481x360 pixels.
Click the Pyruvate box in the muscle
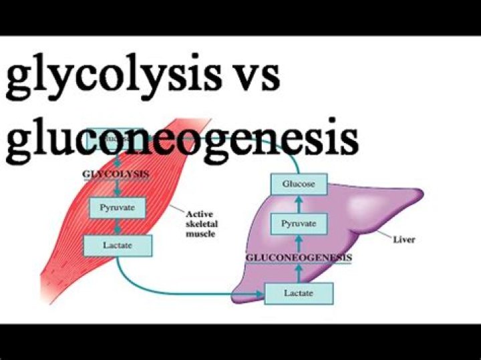pyautogui.click(x=117, y=208)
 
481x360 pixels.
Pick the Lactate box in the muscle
pyautogui.click(x=118, y=245)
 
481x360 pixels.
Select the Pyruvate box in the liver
pyautogui.click(x=298, y=223)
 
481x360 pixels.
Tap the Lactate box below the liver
pyautogui.click(x=298, y=293)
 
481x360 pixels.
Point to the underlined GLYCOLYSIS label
pyautogui.click(x=114, y=175)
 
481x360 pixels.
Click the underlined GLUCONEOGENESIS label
pyautogui.click(x=299, y=257)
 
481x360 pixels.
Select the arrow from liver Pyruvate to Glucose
pyautogui.click(x=298, y=203)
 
